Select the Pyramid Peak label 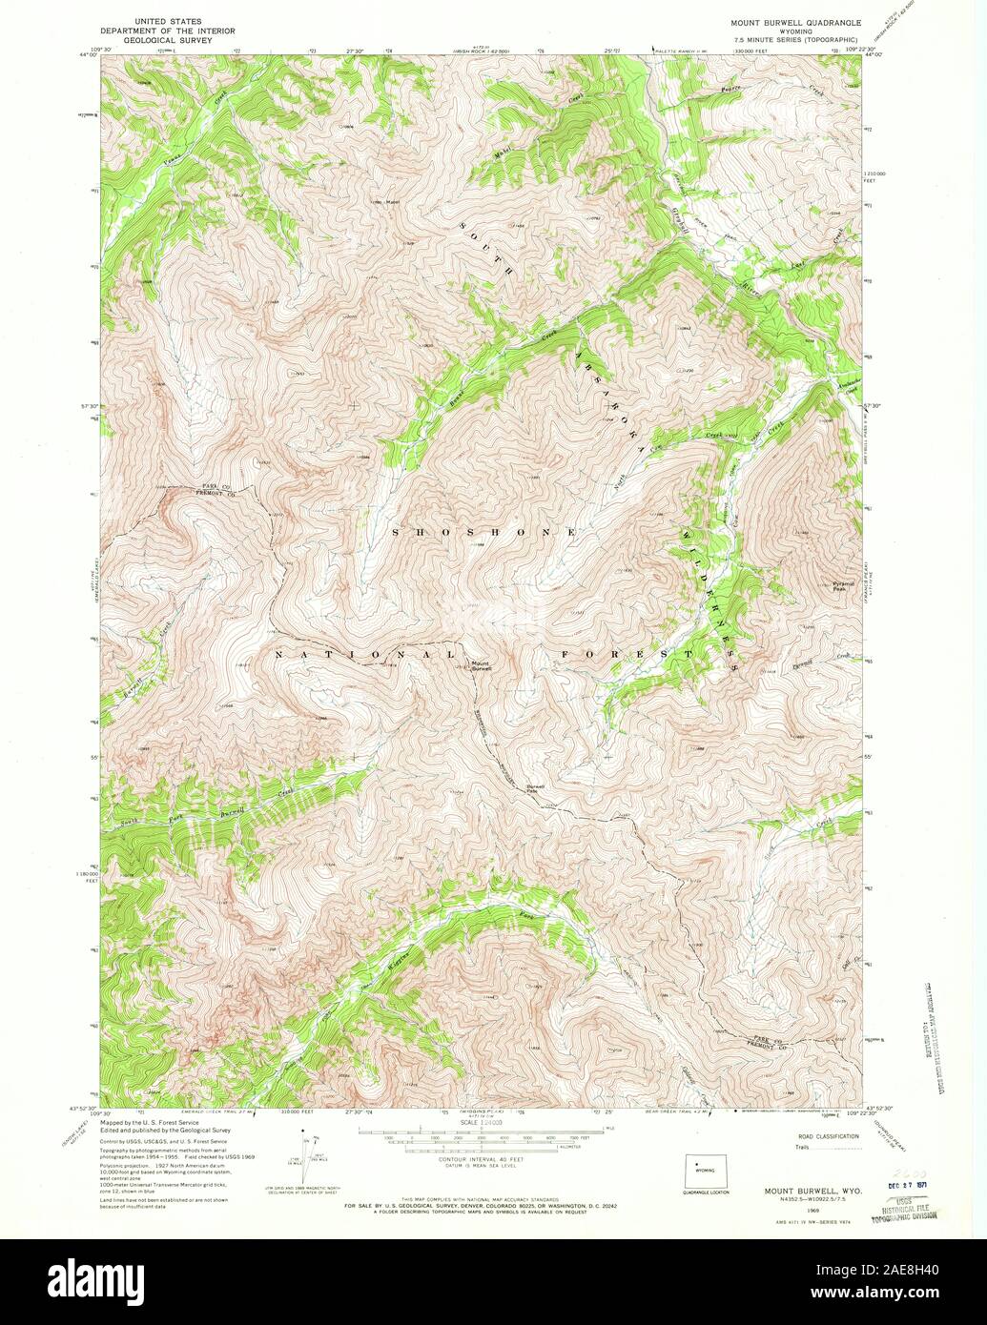coord(838,586)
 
